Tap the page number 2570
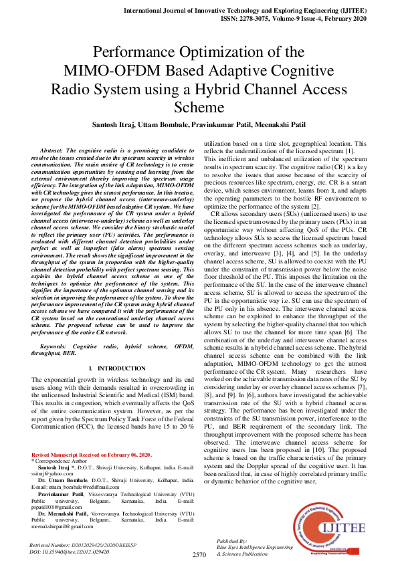point(199,555)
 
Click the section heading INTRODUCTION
point(112,368)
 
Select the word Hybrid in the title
point(231,89)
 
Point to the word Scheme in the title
point(199,107)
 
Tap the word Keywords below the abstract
point(57,348)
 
